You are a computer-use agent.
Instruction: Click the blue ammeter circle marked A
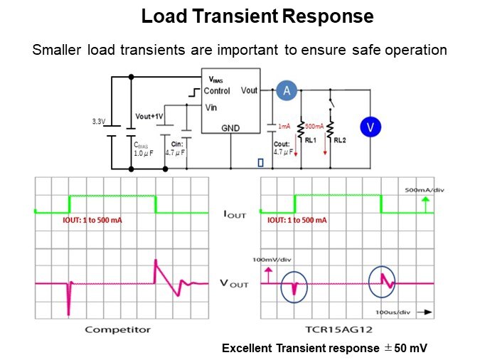(x=287, y=90)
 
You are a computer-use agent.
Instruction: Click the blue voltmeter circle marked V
(x=370, y=127)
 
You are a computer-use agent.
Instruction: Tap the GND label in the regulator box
(x=231, y=129)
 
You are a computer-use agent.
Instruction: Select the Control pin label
(x=217, y=91)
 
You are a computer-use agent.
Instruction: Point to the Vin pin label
(x=210, y=107)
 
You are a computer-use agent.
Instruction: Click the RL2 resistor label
(x=339, y=140)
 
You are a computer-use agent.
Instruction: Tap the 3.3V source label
(x=98, y=122)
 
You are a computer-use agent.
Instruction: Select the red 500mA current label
(x=314, y=126)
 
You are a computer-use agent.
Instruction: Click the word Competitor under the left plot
(x=117, y=329)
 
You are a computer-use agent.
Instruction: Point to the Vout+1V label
(x=149, y=116)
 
